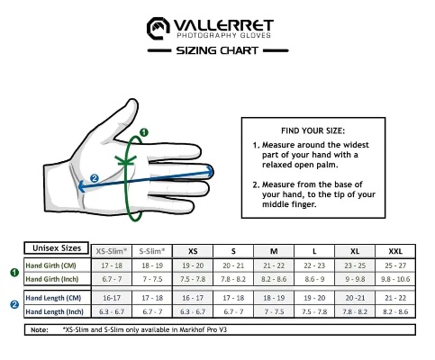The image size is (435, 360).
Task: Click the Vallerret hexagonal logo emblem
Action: (159, 28)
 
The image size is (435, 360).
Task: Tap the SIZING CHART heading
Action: (217, 50)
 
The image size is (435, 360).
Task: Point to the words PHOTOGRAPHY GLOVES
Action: (223, 35)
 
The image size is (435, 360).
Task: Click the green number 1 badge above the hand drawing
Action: (144, 132)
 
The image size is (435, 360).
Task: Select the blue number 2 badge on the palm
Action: (95, 178)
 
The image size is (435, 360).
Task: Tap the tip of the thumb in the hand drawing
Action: (132, 101)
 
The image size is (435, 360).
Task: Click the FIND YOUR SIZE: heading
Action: (313, 130)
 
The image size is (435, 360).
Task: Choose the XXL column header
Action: (395, 251)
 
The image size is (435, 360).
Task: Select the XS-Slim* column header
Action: (112, 251)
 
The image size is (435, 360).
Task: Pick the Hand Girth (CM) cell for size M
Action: (274, 265)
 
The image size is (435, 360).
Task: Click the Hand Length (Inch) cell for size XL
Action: (355, 311)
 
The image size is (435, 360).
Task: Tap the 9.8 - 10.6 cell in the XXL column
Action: (395, 279)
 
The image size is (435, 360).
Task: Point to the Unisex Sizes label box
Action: (57, 248)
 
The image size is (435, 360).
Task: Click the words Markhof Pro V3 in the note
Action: (204, 329)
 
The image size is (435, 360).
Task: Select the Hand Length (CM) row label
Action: (53, 298)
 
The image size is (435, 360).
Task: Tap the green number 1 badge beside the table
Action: (14, 273)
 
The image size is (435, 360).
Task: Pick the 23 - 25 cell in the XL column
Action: (355, 265)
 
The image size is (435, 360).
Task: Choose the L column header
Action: (314, 251)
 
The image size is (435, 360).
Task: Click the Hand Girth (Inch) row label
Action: (52, 279)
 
